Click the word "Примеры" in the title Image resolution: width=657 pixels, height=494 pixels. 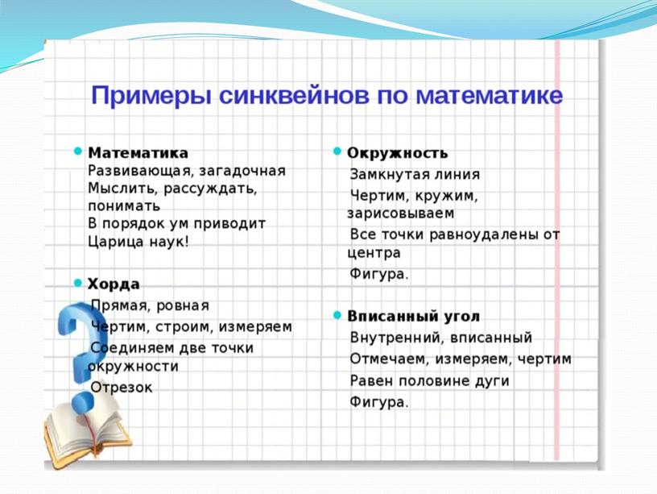pos(149,95)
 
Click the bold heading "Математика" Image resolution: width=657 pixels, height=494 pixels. pos(138,152)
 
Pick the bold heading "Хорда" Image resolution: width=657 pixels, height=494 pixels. pos(114,284)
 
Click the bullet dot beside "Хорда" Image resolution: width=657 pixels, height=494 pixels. pos(78,283)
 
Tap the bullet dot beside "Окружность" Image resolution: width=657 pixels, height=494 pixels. pos(337,152)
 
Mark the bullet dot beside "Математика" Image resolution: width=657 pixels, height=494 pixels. pos(78,152)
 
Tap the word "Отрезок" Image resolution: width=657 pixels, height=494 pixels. pos(122,387)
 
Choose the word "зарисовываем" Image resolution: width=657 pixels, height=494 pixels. pos(400,214)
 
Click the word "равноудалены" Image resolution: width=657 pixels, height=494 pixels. pos(480,234)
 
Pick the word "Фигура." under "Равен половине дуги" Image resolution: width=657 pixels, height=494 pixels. pos(378,402)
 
